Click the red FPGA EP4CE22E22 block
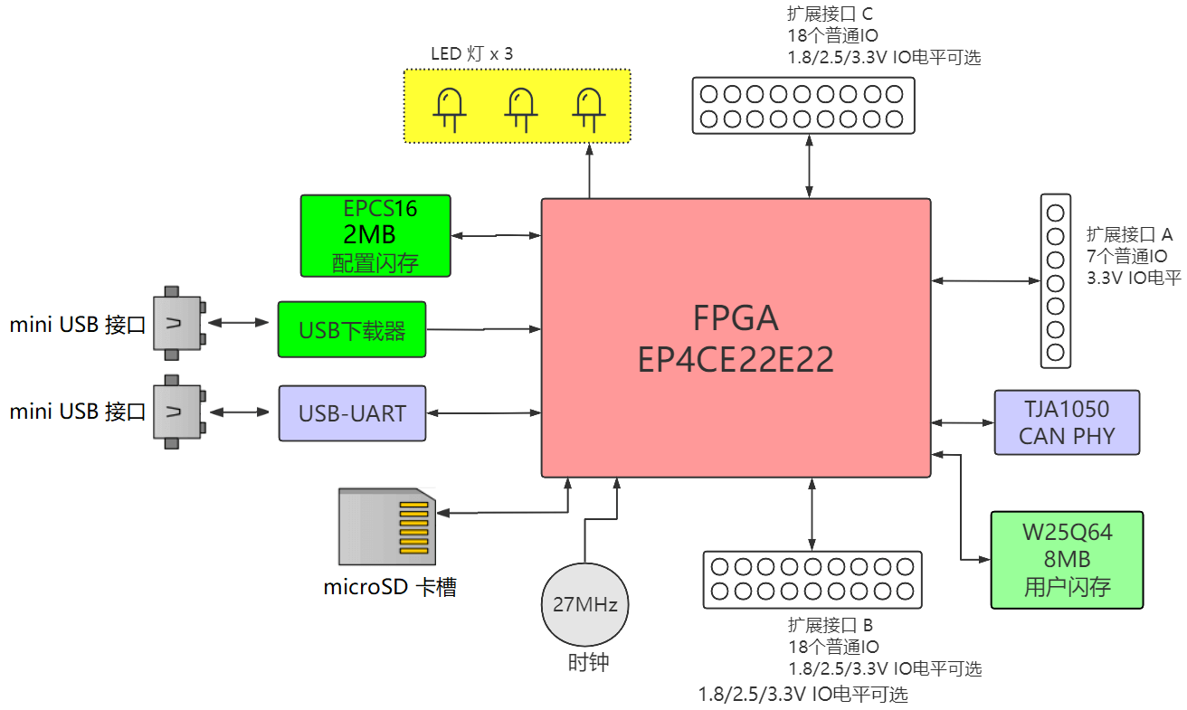[736, 337]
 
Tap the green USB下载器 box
[352, 329]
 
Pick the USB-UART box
[352, 413]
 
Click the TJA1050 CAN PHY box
[1067, 422]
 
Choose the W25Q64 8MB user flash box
[1067, 560]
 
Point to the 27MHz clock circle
[584, 604]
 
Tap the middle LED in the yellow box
[518, 109]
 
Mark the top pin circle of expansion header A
[1056, 213]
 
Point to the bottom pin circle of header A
[1056, 351]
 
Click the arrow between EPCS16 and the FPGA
[496, 235]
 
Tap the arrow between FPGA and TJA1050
[963, 422]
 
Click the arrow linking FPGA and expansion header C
[808, 166]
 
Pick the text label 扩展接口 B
[830, 625]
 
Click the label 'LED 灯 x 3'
[471, 54]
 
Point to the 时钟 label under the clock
[588, 662]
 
